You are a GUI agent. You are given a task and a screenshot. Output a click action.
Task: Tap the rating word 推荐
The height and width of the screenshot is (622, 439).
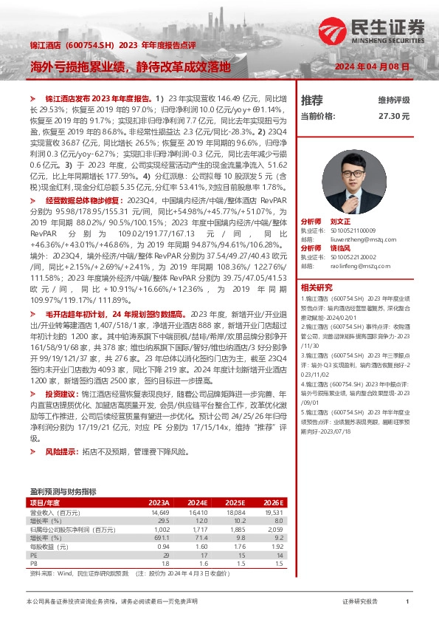pos(311,99)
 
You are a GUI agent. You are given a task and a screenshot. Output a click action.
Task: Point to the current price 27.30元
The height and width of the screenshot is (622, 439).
pos(393,116)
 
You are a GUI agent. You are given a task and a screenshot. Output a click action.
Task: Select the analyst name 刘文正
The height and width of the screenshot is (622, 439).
pos(340,222)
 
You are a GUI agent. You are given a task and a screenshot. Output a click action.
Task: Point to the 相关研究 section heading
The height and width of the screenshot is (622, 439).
pos(316,287)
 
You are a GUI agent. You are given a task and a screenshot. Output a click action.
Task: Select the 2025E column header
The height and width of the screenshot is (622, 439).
pos(237,503)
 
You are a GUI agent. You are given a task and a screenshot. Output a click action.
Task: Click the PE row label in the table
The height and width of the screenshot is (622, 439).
pos(33,555)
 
